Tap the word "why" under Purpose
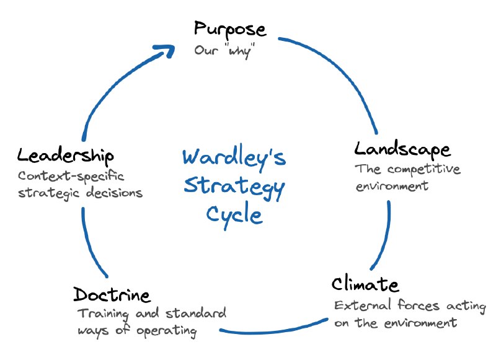[240, 51]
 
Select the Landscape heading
[402, 149]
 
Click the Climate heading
[365, 284]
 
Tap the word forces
[418, 305]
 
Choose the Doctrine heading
[112, 294]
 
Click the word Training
[104, 314]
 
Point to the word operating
[167, 331]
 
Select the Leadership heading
[66, 156]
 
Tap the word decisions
[115, 193]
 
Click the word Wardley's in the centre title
[234, 157]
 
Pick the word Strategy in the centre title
[234, 187]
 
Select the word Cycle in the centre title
[234, 216]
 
